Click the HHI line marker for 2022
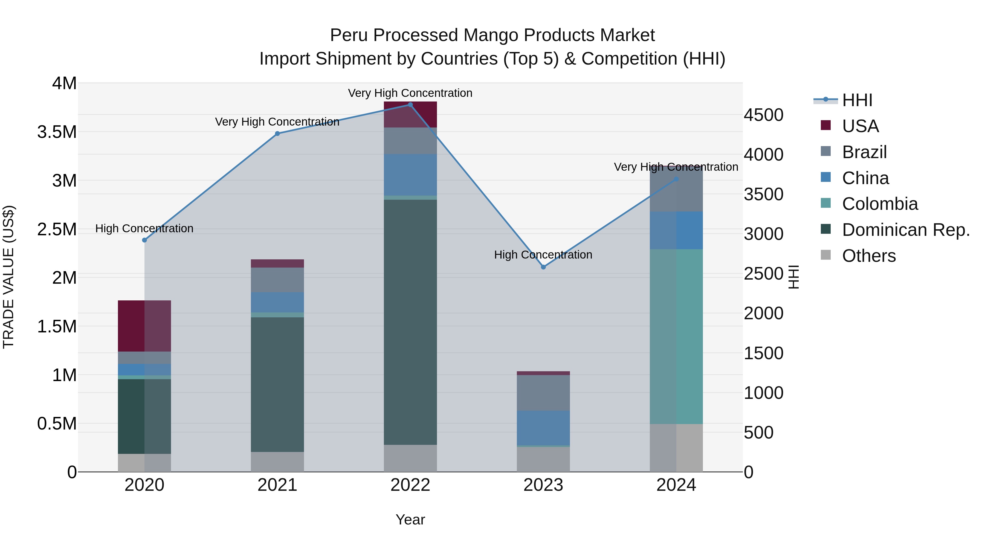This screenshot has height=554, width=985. [410, 105]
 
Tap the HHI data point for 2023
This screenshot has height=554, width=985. [543, 267]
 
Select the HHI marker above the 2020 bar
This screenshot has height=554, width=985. [144, 240]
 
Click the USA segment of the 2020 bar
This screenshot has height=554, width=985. [144, 326]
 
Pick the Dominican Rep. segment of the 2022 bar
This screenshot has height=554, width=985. [410, 322]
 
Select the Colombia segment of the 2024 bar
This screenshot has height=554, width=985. [676, 337]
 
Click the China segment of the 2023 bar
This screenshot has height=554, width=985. [543, 428]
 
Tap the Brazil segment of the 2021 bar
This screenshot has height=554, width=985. [277, 280]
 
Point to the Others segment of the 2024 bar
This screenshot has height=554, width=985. [676, 448]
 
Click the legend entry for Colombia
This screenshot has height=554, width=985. [879, 204]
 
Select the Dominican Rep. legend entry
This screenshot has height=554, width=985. [905, 230]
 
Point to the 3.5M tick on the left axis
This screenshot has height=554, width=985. [57, 132]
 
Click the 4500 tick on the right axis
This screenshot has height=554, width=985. [763, 115]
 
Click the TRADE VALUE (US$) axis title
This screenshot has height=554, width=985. [8, 277]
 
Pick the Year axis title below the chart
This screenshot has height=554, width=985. [410, 520]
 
